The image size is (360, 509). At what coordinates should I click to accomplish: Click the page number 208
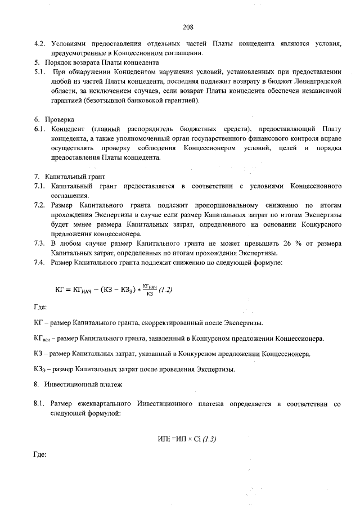188,26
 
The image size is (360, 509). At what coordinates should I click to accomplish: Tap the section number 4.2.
39,44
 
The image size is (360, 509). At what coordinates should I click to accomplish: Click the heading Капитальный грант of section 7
70,176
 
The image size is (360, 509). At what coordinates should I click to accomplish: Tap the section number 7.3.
39,243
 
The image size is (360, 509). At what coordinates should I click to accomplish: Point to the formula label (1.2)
164,290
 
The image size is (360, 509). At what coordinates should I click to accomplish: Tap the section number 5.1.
39,73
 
